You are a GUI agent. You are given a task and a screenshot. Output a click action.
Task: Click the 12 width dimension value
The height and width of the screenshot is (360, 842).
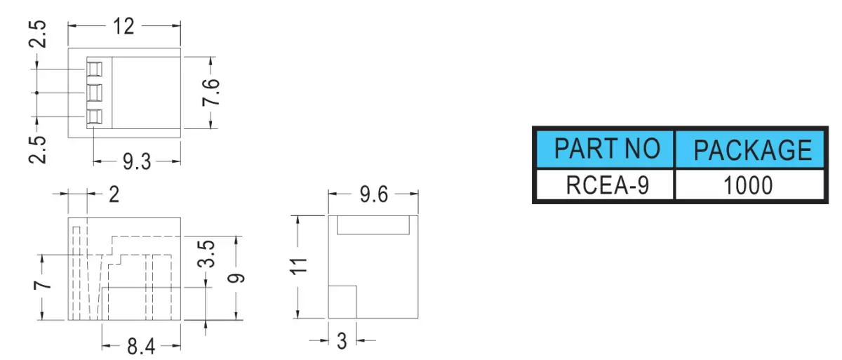[x=123, y=26]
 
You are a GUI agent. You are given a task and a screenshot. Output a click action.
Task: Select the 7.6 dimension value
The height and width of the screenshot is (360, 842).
[x=211, y=93]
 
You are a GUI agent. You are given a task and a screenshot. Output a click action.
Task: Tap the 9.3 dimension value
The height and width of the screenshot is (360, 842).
[x=137, y=162]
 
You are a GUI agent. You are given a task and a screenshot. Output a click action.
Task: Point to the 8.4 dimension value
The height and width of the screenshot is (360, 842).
[x=141, y=347]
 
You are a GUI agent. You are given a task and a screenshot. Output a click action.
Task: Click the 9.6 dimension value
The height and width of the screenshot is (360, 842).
[x=373, y=194]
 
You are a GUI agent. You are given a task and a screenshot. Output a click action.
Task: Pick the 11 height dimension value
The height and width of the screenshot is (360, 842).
[x=299, y=266]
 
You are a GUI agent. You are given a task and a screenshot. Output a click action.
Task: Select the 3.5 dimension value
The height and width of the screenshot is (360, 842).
[x=206, y=254]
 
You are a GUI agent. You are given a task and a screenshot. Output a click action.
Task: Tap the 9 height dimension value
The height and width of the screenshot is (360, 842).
[x=236, y=279]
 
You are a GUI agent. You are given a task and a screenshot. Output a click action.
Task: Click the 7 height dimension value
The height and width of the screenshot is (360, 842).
[x=43, y=284]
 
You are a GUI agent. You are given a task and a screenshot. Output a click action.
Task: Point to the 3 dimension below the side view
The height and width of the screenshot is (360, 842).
[x=342, y=341]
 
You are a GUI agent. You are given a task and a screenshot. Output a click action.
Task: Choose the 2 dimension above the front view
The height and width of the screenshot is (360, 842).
[x=114, y=194]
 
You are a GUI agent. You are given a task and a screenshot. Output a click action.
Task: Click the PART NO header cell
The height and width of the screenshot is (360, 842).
[x=605, y=149]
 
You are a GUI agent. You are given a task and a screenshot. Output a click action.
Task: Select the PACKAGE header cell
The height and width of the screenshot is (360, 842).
[x=749, y=149]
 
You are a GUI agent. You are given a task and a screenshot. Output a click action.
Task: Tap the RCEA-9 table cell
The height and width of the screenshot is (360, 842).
[x=605, y=185]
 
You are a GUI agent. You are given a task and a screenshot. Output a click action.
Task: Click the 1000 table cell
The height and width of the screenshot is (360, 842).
[x=749, y=185]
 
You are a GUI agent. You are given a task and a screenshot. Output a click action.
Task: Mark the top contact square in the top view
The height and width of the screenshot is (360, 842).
[x=94, y=69]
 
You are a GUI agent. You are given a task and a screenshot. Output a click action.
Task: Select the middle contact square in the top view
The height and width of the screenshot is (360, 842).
[x=94, y=93]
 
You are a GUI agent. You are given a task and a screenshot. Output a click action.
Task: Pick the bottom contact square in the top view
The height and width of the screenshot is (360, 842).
[x=94, y=116]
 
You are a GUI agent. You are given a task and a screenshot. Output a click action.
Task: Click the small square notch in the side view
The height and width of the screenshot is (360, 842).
[x=342, y=302]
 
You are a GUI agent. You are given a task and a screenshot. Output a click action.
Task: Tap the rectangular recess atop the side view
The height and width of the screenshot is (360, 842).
[x=373, y=225]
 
